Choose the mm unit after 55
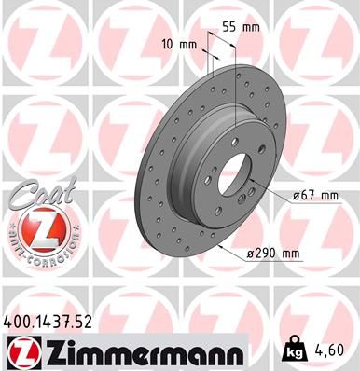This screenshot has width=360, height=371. [x=249, y=27]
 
